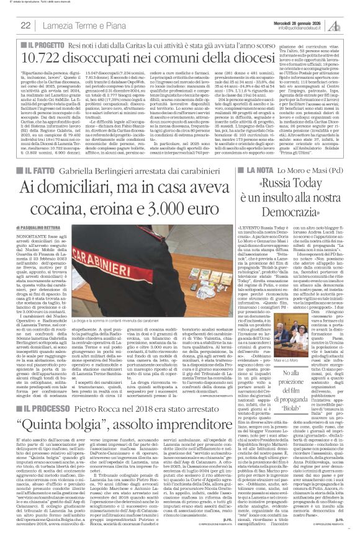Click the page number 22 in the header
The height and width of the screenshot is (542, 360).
(x=26, y=25)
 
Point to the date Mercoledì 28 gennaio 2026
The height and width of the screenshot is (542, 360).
(x=308, y=22)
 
